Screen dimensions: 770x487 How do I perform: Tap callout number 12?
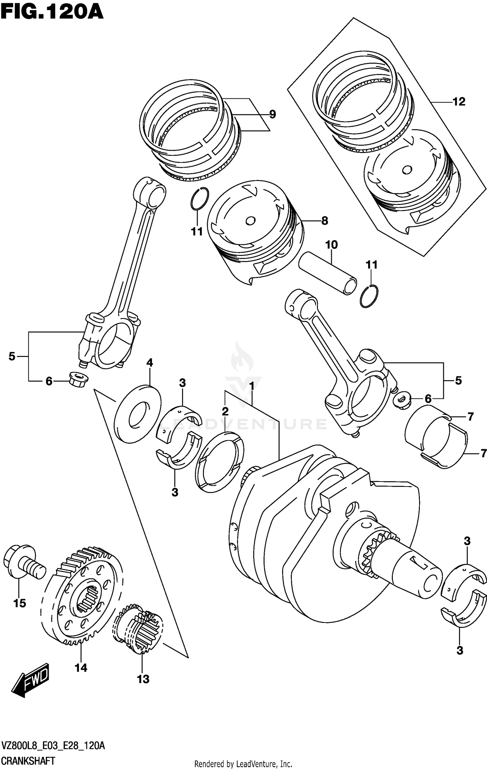point(459,102)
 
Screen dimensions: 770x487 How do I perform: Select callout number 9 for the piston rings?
point(272,114)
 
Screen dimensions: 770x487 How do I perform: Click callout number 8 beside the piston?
point(324,221)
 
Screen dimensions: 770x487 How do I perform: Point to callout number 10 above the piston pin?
point(331,245)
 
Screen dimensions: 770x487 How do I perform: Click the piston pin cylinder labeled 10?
point(328,273)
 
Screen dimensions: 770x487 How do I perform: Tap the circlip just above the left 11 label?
point(199,199)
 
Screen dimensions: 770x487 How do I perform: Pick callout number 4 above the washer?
point(149,362)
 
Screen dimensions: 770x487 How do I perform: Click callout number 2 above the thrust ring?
point(225,411)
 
